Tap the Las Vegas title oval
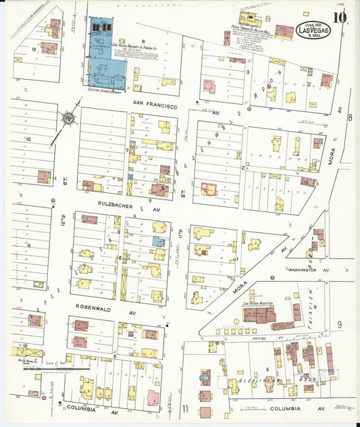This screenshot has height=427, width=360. click(312, 30)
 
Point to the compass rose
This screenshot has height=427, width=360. click(69, 119)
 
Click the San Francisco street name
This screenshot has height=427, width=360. click(155, 106)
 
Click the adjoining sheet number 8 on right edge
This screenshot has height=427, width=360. click(349, 118)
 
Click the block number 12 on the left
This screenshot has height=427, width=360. click(29, 139)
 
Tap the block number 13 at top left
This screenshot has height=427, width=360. click(34, 49)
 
